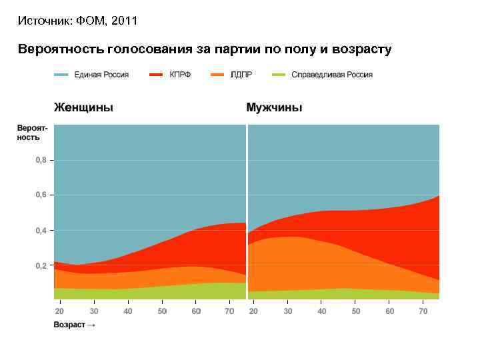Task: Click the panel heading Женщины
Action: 83,107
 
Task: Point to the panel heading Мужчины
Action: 274,107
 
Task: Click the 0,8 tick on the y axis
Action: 41,160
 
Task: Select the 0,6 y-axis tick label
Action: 41,195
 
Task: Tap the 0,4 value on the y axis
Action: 41,231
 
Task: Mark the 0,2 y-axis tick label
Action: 41,266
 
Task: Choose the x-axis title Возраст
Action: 70,325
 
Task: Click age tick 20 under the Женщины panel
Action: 59,311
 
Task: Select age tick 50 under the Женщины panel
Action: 162,311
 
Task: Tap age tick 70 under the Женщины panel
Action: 231,311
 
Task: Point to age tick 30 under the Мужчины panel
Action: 287,311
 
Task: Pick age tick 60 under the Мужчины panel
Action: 390,311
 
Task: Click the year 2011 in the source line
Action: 125,21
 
